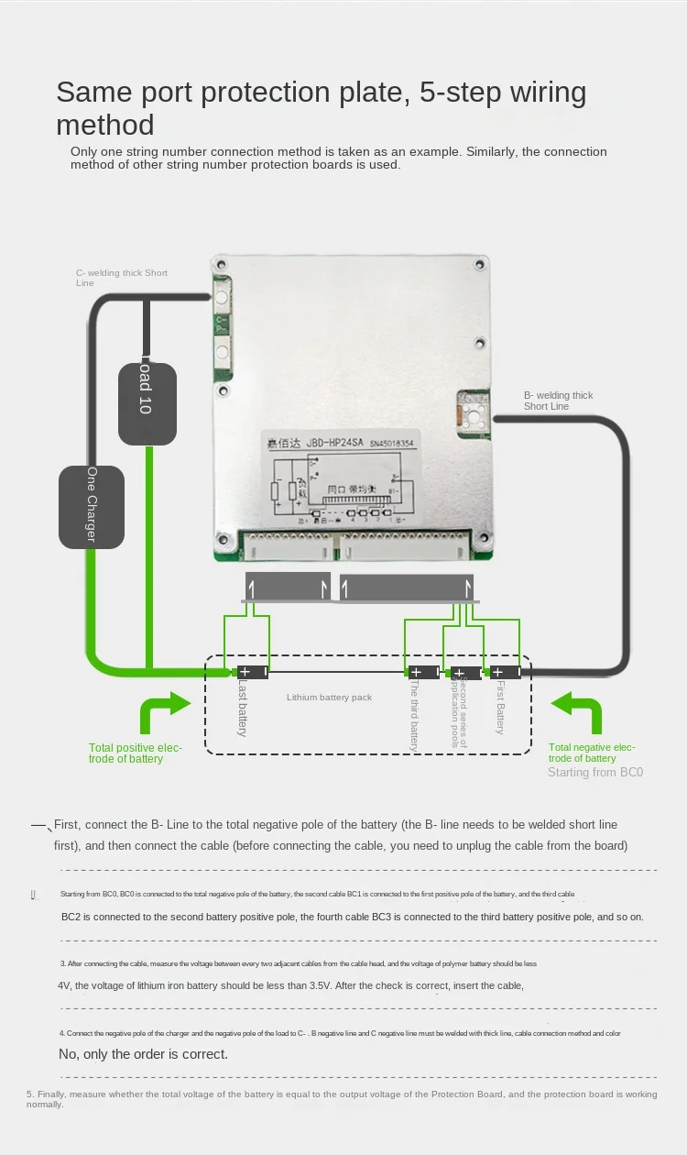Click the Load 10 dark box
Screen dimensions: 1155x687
click(147, 403)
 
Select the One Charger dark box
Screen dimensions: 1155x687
click(92, 506)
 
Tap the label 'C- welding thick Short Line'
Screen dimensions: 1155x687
click(121, 278)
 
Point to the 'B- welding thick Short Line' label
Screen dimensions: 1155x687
click(558, 401)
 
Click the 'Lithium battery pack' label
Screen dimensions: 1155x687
click(329, 698)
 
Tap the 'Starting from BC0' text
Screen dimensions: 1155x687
click(595, 772)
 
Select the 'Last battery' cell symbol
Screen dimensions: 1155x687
click(253, 672)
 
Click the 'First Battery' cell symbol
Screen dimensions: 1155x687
click(505, 672)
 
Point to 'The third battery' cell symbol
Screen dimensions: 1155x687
click(423, 672)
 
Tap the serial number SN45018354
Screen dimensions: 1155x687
click(405, 443)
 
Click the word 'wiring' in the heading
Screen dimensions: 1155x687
click(546, 92)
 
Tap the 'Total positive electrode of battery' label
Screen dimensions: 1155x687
click(136, 753)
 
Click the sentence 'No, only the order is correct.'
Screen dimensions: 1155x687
click(143, 1054)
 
